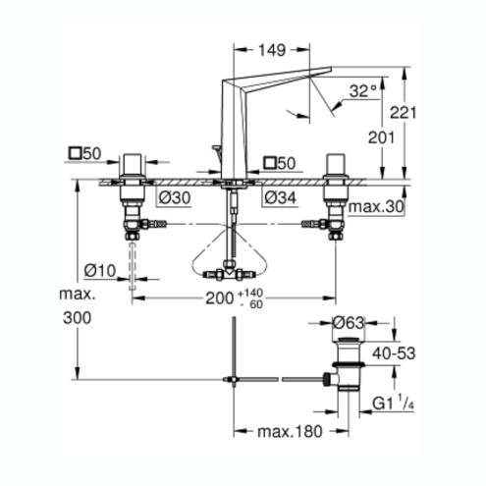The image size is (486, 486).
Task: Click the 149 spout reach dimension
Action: coord(272,50)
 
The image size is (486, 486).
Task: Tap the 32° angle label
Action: coord(363,90)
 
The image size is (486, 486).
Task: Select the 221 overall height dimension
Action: coord(404,113)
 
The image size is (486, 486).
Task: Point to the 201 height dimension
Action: coord(381,137)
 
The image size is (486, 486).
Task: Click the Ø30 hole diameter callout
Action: coord(175,197)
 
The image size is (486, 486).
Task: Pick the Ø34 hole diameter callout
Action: coord(280,197)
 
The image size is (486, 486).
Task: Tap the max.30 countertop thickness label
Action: coord(376,207)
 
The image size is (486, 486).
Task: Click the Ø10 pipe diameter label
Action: coord(100,271)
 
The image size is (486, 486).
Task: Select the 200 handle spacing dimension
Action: coord(219,298)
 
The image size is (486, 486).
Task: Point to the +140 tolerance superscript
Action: coord(250,293)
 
